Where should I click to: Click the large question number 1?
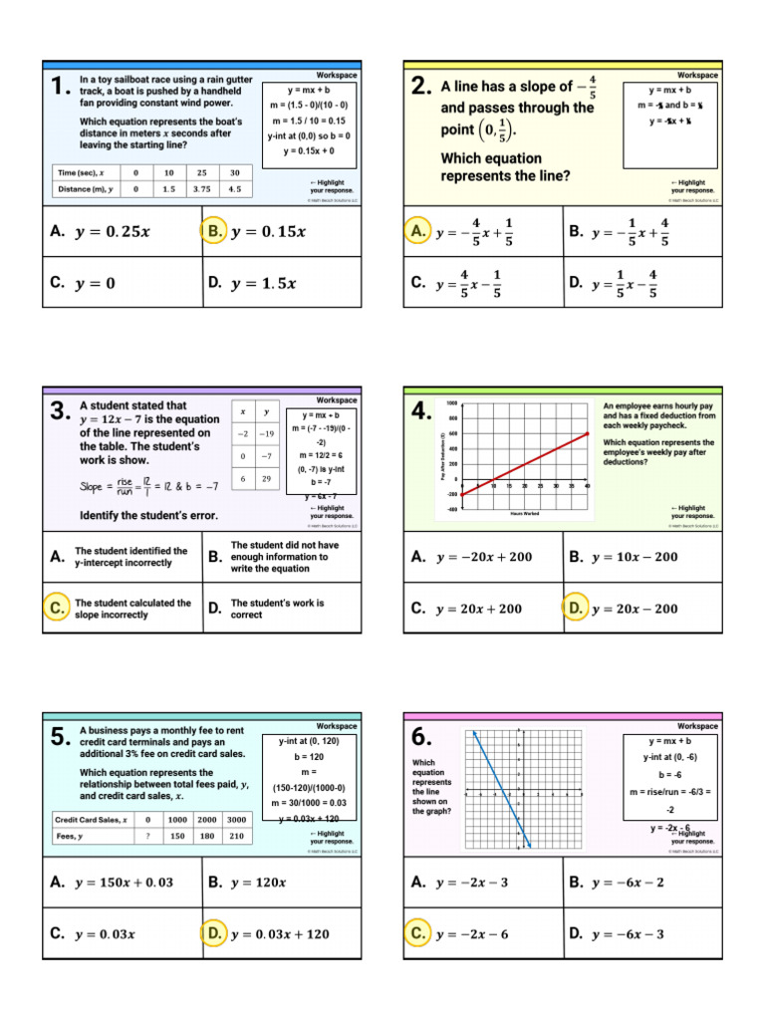pyautogui.click(x=60, y=90)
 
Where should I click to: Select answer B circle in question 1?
pyautogui.click(x=214, y=231)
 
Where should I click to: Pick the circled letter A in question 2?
pyautogui.click(x=418, y=231)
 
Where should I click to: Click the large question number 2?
pyautogui.click(x=421, y=90)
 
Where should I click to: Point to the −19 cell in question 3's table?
pyautogui.click(x=266, y=434)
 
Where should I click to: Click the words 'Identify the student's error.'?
pyautogui.click(x=148, y=516)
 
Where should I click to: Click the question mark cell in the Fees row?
pyautogui.click(x=147, y=837)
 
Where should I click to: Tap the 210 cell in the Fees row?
pyautogui.click(x=235, y=837)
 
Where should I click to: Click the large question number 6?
pyautogui.click(x=421, y=738)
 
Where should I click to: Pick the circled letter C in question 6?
pyautogui.click(x=418, y=933)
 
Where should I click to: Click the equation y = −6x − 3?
pyautogui.click(x=629, y=933)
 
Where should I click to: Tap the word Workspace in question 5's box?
pyautogui.click(x=336, y=726)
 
